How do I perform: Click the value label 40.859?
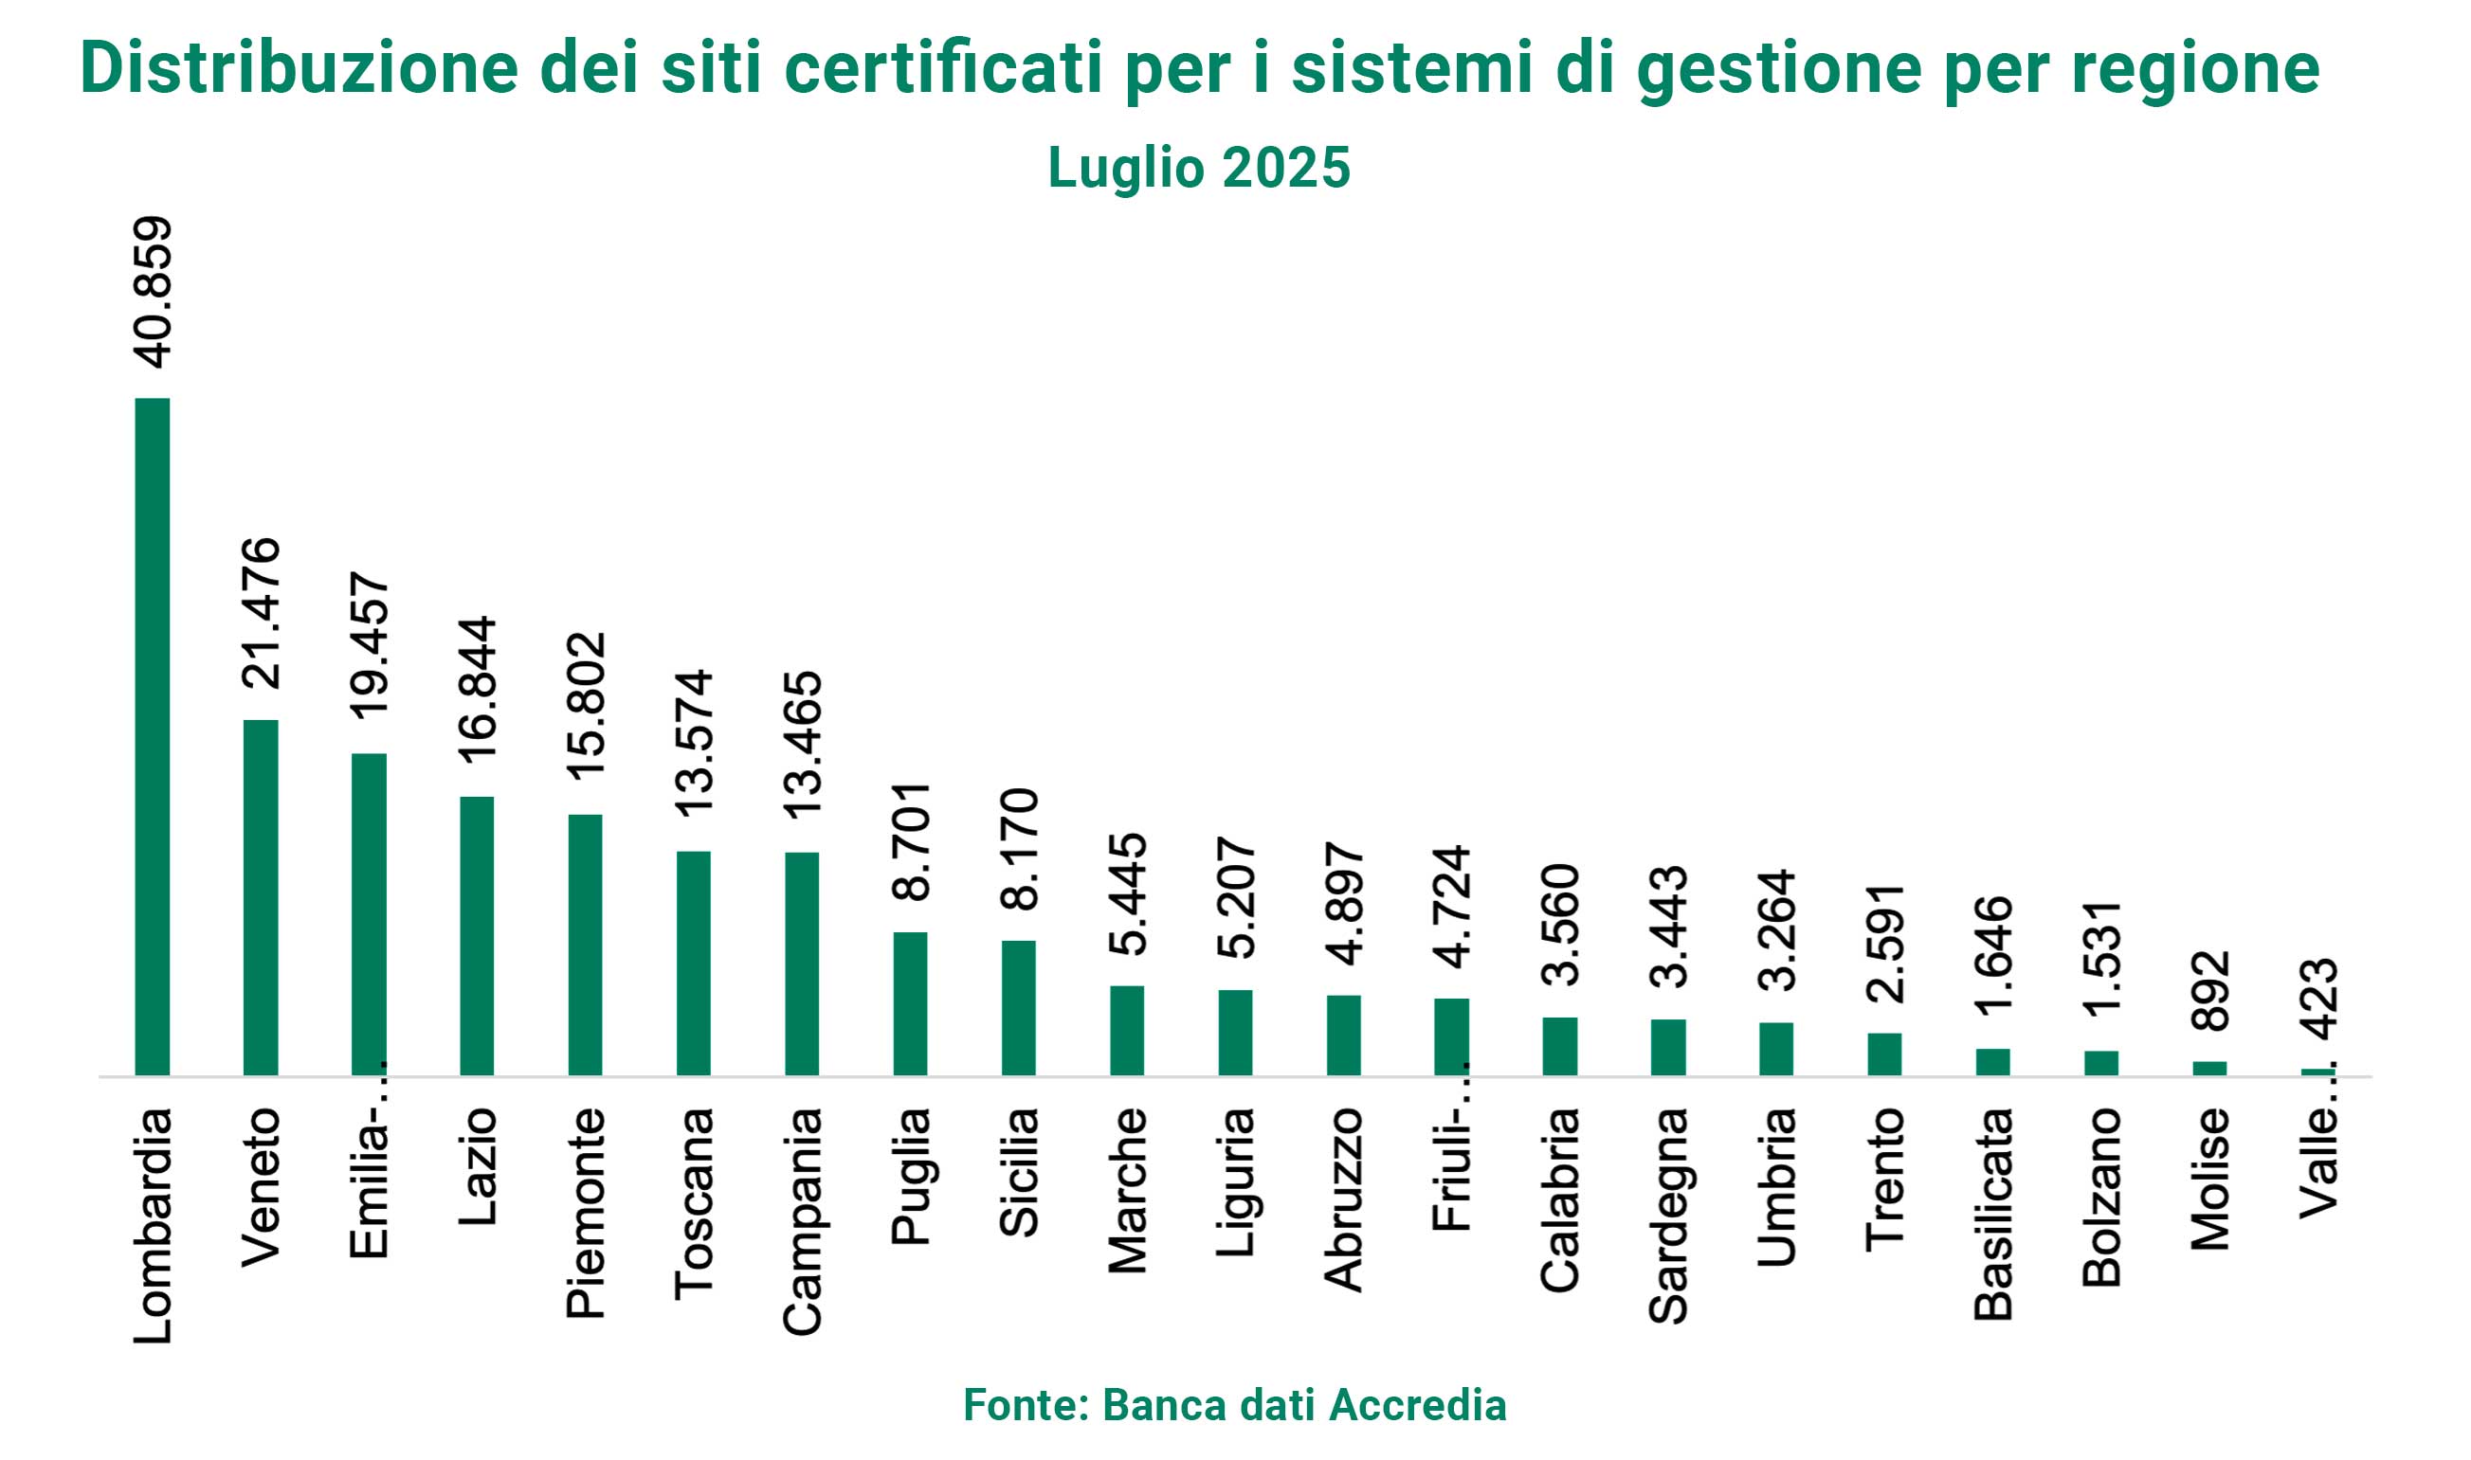(x=154, y=292)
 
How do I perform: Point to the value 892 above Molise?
(x=2210, y=991)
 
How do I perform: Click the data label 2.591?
(x=1885, y=944)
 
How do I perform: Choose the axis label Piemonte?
(x=586, y=1212)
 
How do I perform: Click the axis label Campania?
(x=802, y=1221)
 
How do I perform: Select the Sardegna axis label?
(x=1668, y=1215)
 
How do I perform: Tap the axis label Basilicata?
(x=1993, y=1213)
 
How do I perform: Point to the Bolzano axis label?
(x=2102, y=1198)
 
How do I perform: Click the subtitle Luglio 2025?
(x=1199, y=168)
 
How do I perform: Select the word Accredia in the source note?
(x=1417, y=1404)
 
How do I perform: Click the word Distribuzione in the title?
(x=300, y=68)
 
